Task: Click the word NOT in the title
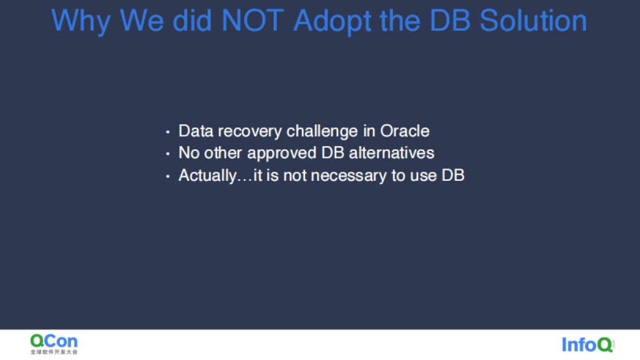(252, 21)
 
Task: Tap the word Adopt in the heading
(332, 22)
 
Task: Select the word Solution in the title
(533, 21)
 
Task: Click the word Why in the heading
(81, 22)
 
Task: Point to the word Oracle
(405, 131)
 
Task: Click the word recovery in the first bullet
(250, 132)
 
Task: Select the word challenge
(322, 132)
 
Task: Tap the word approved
(282, 154)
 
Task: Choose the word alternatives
(391, 153)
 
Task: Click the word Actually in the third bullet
(207, 175)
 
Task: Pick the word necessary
(349, 177)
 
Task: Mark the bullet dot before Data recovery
(167, 132)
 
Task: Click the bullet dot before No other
(167, 154)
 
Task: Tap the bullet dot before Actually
(167, 177)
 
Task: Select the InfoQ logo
(588, 345)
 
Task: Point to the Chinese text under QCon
(54, 352)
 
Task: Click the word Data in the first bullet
(196, 131)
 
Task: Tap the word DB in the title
(450, 21)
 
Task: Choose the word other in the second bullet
(223, 153)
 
